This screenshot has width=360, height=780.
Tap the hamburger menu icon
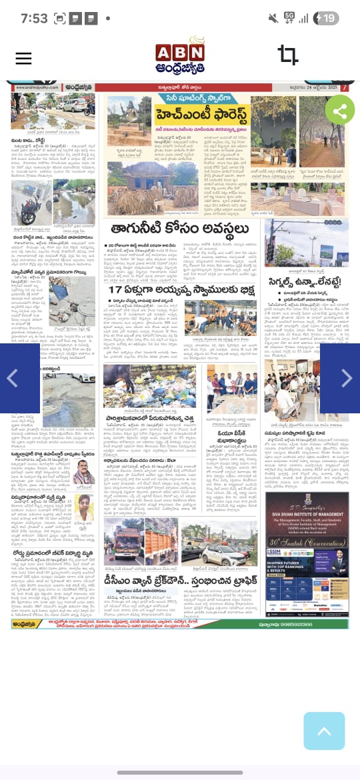click(23, 58)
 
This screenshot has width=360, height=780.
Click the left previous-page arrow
click(11, 378)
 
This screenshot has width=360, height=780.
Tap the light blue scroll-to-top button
click(324, 731)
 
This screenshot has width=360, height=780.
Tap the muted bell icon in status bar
click(273, 18)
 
